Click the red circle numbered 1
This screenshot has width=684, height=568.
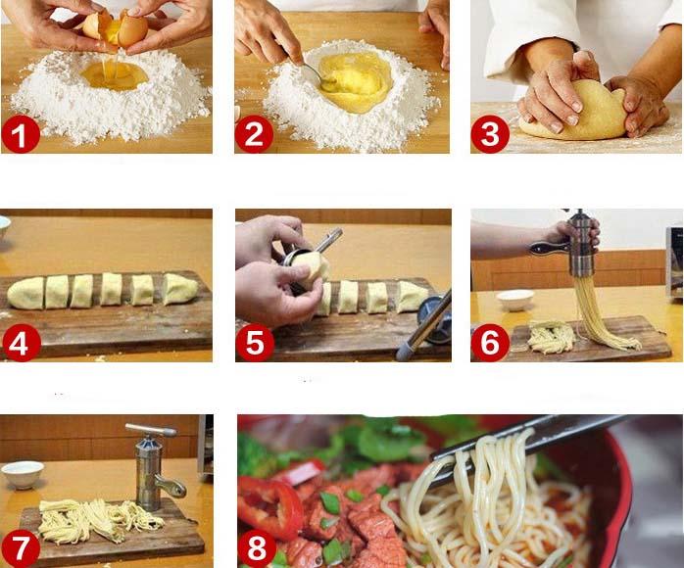point(21,134)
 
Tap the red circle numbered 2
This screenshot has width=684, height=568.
point(254,134)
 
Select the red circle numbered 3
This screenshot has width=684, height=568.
point(489,134)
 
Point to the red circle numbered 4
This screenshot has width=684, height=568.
point(21,343)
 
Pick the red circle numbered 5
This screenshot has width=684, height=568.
point(254,343)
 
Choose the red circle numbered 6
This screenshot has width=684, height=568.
point(489,343)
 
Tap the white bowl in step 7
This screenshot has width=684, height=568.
point(22,474)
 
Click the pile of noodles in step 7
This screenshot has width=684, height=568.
point(93,519)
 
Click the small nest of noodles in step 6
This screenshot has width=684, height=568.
point(551,337)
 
